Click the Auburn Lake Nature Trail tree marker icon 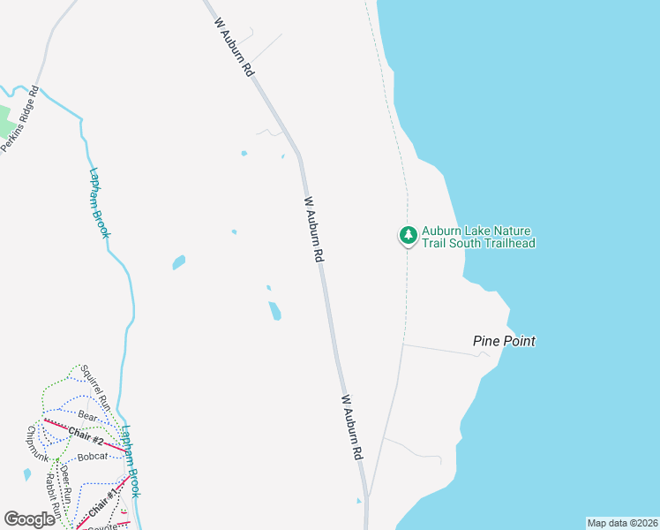click(x=408, y=235)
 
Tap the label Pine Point click(x=504, y=341)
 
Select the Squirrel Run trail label click(x=96, y=387)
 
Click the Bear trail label click(x=86, y=414)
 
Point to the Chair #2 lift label click(x=86, y=435)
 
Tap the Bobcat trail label click(x=91, y=456)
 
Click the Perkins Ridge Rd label click(x=20, y=118)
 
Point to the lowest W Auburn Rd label click(x=353, y=427)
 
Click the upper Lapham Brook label click(x=100, y=201)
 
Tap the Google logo click(x=29, y=519)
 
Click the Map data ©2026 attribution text click(x=622, y=523)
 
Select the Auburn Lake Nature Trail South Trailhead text click(x=478, y=237)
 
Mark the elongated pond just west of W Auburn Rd click(x=275, y=311)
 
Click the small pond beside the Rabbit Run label click(x=27, y=475)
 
